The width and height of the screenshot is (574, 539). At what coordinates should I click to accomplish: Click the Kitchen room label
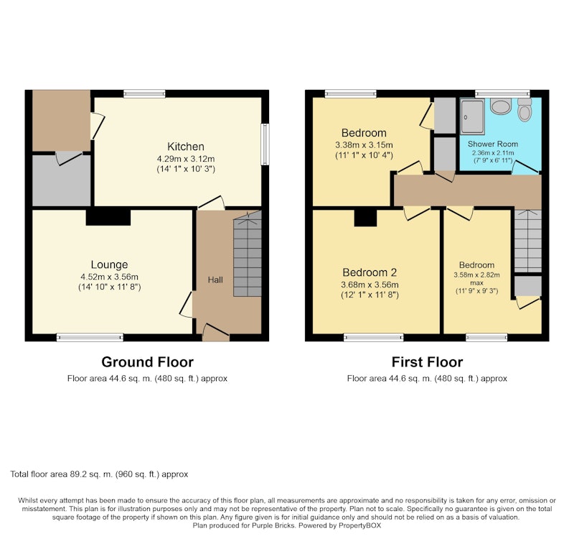coord(186,147)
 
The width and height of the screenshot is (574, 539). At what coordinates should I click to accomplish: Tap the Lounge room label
coord(110,264)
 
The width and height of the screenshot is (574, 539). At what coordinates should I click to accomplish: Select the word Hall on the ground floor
coord(215,280)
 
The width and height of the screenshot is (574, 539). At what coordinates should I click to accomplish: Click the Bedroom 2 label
coord(370,272)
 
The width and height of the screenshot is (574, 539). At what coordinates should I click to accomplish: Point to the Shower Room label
coord(493,144)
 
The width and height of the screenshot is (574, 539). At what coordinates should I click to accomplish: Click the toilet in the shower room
coord(524,109)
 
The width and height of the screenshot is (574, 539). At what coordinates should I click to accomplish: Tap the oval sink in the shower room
coord(500,106)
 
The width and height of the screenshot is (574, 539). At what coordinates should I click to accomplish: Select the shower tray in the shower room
coord(472,116)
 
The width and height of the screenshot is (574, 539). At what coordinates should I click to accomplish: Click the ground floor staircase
coord(248,254)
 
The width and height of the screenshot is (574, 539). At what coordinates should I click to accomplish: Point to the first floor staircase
coord(527,241)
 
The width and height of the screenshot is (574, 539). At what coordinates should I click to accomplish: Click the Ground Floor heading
coord(148,362)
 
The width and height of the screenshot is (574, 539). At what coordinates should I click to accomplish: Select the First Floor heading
coord(427,362)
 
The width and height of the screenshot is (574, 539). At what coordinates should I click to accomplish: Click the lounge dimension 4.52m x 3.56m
coord(110,277)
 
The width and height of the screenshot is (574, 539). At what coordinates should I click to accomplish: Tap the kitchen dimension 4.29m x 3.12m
coord(186,159)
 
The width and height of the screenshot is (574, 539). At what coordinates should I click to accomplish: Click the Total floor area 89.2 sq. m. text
coord(99,474)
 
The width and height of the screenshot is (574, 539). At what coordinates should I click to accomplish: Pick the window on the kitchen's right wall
coord(265,144)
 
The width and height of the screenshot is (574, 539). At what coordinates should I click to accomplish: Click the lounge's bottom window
coord(90,337)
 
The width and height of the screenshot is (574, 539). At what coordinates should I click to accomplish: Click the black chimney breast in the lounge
coord(108,217)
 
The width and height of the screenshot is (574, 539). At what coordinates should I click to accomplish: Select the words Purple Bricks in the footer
coord(273,525)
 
